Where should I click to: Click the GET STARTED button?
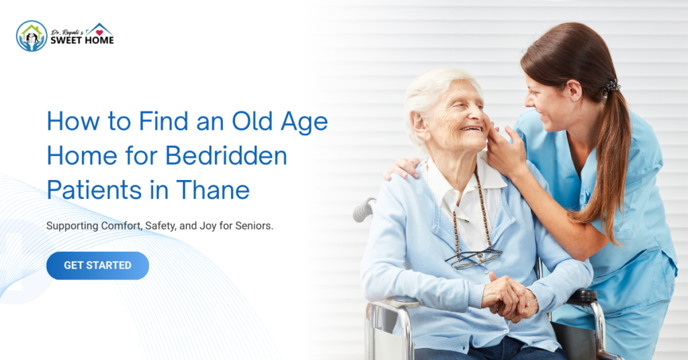pyautogui.click(x=97, y=265)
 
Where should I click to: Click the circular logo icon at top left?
pyautogui.click(x=32, y=36)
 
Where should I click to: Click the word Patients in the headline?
pyautogui.click(x=90, y=190)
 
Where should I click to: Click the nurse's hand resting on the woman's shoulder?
pyautogui.click(x=402, y=168)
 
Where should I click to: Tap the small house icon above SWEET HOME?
pyautogui.click(x=99, y=29)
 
